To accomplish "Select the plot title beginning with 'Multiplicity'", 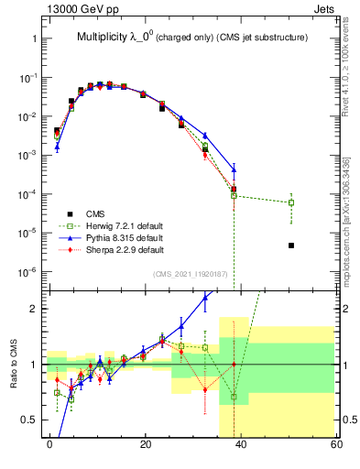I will pos(190,37).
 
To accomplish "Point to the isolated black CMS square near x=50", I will pos(290,245).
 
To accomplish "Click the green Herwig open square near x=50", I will pos(290,202).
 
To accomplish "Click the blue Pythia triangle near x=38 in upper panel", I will pos(235,169).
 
